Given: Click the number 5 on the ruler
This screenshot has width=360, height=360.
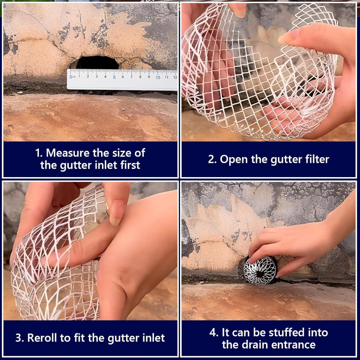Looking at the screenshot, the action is tap(114, 77).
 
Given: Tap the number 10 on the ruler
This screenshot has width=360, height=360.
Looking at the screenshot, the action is tap(158, 77).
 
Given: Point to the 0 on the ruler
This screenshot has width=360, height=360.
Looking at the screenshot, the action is tap(71, 77).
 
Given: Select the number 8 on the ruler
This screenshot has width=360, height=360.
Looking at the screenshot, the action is tap(140, 77).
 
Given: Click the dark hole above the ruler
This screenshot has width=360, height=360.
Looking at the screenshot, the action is tap(98, 62).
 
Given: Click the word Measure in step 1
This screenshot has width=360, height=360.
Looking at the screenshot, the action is tap(68, 153).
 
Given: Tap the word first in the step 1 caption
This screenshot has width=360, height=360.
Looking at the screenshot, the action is tap(130, 165).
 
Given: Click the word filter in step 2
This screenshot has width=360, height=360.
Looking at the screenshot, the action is tap(317, 159).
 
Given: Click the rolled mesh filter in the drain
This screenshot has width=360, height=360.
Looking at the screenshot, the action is tap(260, 270).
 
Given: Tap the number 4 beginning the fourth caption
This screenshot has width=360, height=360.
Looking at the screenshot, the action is tap(212, 332).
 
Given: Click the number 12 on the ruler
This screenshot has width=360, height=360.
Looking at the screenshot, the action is tap(175, 77).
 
